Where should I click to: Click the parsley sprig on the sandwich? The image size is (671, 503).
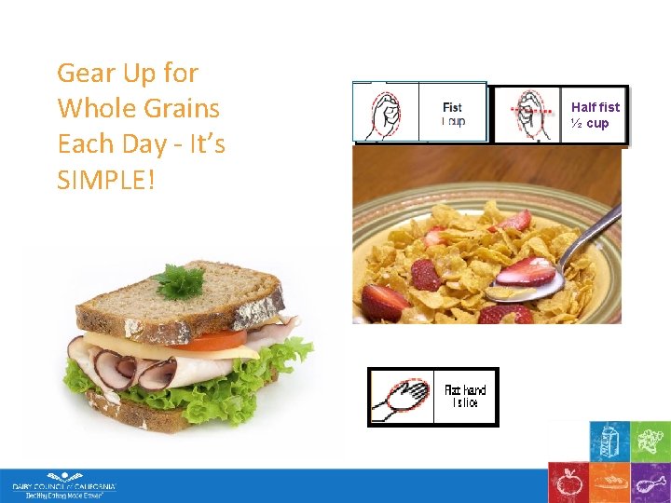coord(179,279)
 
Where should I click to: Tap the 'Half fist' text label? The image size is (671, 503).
coord(595,107)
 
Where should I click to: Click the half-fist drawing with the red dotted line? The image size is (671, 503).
coord(526,115)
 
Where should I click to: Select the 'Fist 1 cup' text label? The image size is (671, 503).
coord(452,114)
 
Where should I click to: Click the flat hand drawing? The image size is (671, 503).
coord(401,397)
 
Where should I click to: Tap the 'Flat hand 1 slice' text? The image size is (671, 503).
coord(464,396)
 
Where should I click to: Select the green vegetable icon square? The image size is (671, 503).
coord(650,441)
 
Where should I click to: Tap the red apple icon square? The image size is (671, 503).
coord(567,482)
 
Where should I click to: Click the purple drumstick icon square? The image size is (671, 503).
coord(650,482)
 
